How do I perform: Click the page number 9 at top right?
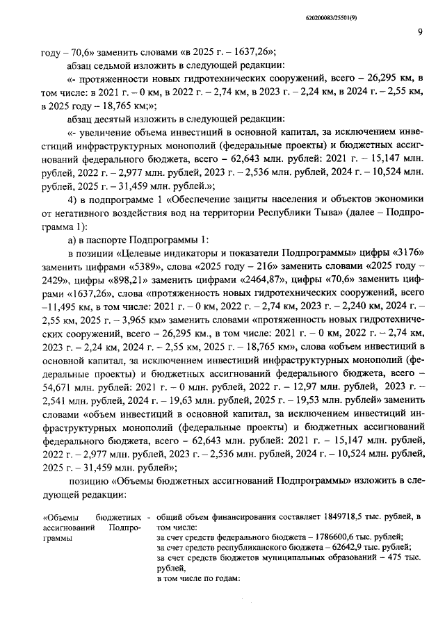[x=421, y=30]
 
